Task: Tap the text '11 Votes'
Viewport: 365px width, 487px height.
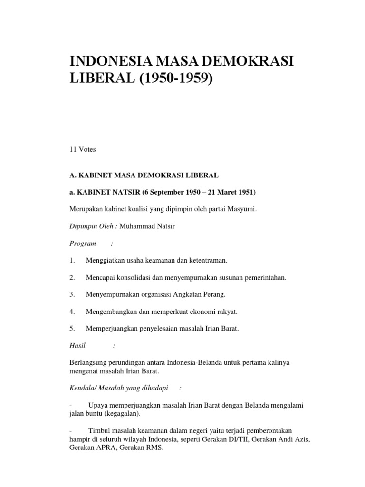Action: click(83, 149)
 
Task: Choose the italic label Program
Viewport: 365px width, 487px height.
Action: click(83, 243)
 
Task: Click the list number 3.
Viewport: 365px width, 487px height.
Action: click(72, 294)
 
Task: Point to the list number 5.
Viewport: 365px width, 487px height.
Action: click(72, 329)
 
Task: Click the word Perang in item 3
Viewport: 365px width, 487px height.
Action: click(215, 294)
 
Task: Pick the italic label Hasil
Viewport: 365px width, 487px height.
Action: click(77, 346)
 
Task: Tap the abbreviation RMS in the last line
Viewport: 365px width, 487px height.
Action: click(154, 448)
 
